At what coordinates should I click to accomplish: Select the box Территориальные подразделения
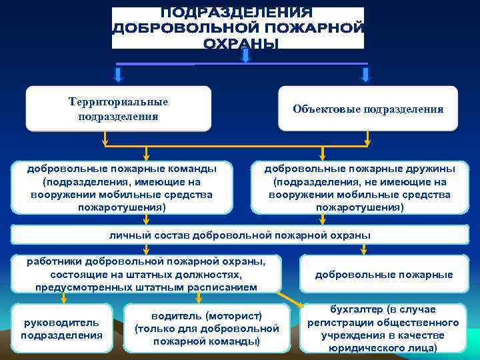tap(118, 109)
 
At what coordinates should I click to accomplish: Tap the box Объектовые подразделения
tap(367, 109)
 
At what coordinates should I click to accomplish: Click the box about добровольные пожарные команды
tap(121, 187)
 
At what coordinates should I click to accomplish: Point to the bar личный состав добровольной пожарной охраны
tap(239, 235)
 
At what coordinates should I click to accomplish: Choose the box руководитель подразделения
tap(62, 328)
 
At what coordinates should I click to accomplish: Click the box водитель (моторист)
tap(207, 328)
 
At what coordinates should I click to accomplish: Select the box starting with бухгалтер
tap(383, 328)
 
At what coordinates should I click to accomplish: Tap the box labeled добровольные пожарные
tap(383, 274)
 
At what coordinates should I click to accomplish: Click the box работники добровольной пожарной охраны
tap(146, 274)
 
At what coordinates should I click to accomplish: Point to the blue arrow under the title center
tap(245, 56)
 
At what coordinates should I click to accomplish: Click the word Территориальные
tap(118, 102)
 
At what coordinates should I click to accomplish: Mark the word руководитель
tap(61, 322)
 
